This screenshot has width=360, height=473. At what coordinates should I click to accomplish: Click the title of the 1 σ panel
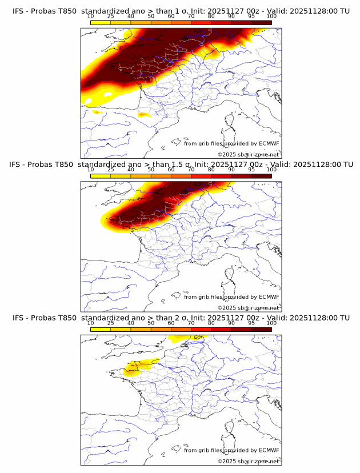pyautogui.click(x=180, y=11)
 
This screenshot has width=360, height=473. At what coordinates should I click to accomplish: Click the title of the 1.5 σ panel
pyautogui.click(x=180, y=165)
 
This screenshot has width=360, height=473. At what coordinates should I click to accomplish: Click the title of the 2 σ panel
pyautogui.click(x=180, y=318)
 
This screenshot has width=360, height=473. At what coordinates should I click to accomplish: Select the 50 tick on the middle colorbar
pyautogui.click(x=151, y=170)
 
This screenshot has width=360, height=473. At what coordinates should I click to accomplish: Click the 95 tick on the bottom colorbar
pyautogui.click(x=251, y=323)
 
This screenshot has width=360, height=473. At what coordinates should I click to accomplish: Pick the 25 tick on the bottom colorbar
pyautogui.click(x=111, y=323)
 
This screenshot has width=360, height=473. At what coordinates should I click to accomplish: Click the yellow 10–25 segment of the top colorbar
pyautogui.click(x=101, y=23)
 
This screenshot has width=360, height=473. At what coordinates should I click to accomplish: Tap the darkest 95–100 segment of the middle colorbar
pyautogui.click(x=261, y=177)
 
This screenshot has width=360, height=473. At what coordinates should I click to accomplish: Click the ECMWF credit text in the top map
pyautogui.click(x=231, y=143)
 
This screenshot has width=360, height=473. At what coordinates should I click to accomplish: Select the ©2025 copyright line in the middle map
pyautogui.click(x=249, y=307)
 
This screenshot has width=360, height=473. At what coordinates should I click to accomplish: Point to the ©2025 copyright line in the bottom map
pyautogui.click(x=249, y=461)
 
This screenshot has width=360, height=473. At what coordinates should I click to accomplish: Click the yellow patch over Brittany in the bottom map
pyautogui.click(x=136, y=367)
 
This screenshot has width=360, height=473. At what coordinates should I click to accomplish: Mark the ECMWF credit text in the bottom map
pyautogui.click(x=231, y=450)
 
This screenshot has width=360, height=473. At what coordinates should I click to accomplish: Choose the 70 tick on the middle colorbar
pyautogui.click(x=191, y=170)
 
